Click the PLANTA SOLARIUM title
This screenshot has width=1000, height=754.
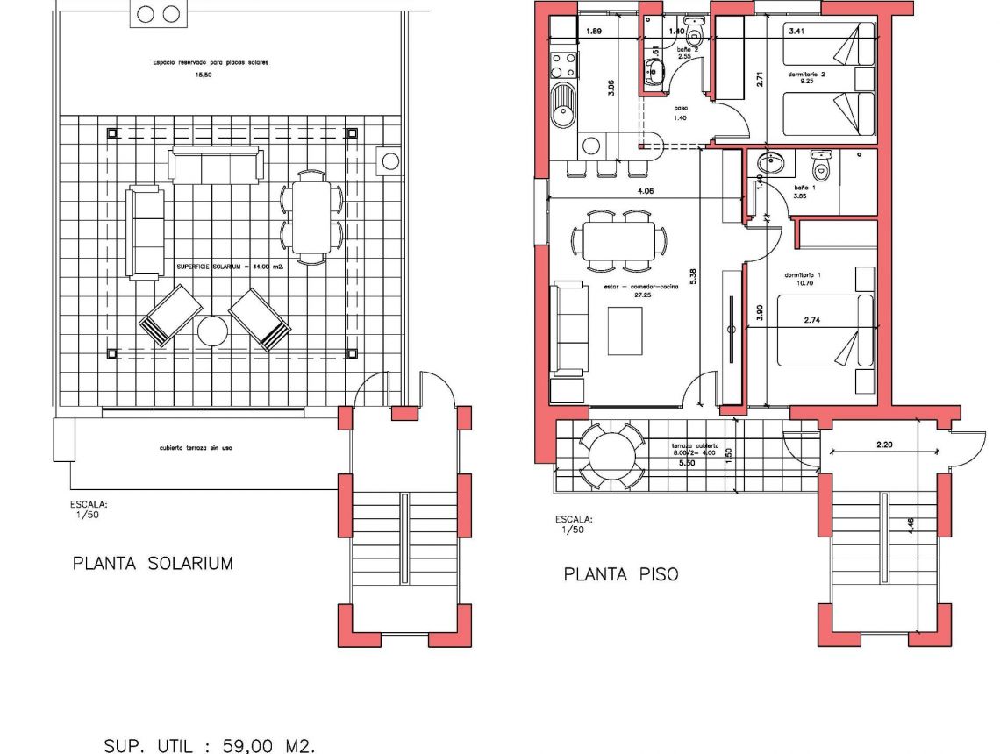click(153, 563)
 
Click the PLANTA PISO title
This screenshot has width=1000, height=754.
click(620, 574)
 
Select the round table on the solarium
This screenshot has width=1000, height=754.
click(213, 331)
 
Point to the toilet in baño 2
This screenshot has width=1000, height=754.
click(694, 34)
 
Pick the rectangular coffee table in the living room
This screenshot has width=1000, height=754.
click(625, 331)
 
